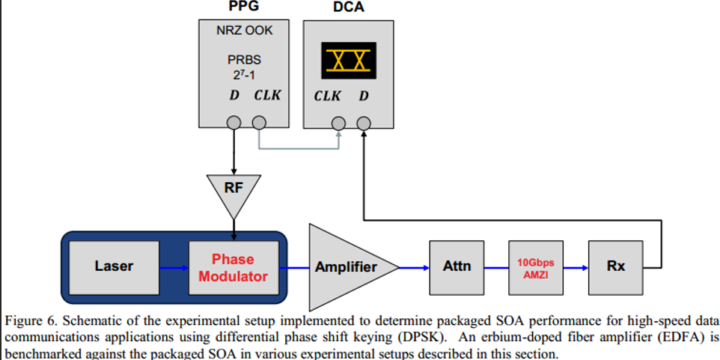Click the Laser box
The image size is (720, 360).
click(x=114, y=266)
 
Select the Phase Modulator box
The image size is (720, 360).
click(x=232, y=267)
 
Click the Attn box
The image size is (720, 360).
click(x=456, y=267)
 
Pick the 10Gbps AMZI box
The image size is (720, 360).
click(x=535, y=267)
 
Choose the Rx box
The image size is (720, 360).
click(x=615, y=267)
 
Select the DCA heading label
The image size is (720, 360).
click(x=347, y=10)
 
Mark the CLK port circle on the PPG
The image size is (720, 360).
click(x=258, y=122)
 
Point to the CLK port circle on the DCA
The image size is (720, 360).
click(x=339, y=122)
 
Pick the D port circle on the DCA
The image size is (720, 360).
click(x=363, y=122)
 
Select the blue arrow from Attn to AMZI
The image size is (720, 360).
click(x=495, y=267)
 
